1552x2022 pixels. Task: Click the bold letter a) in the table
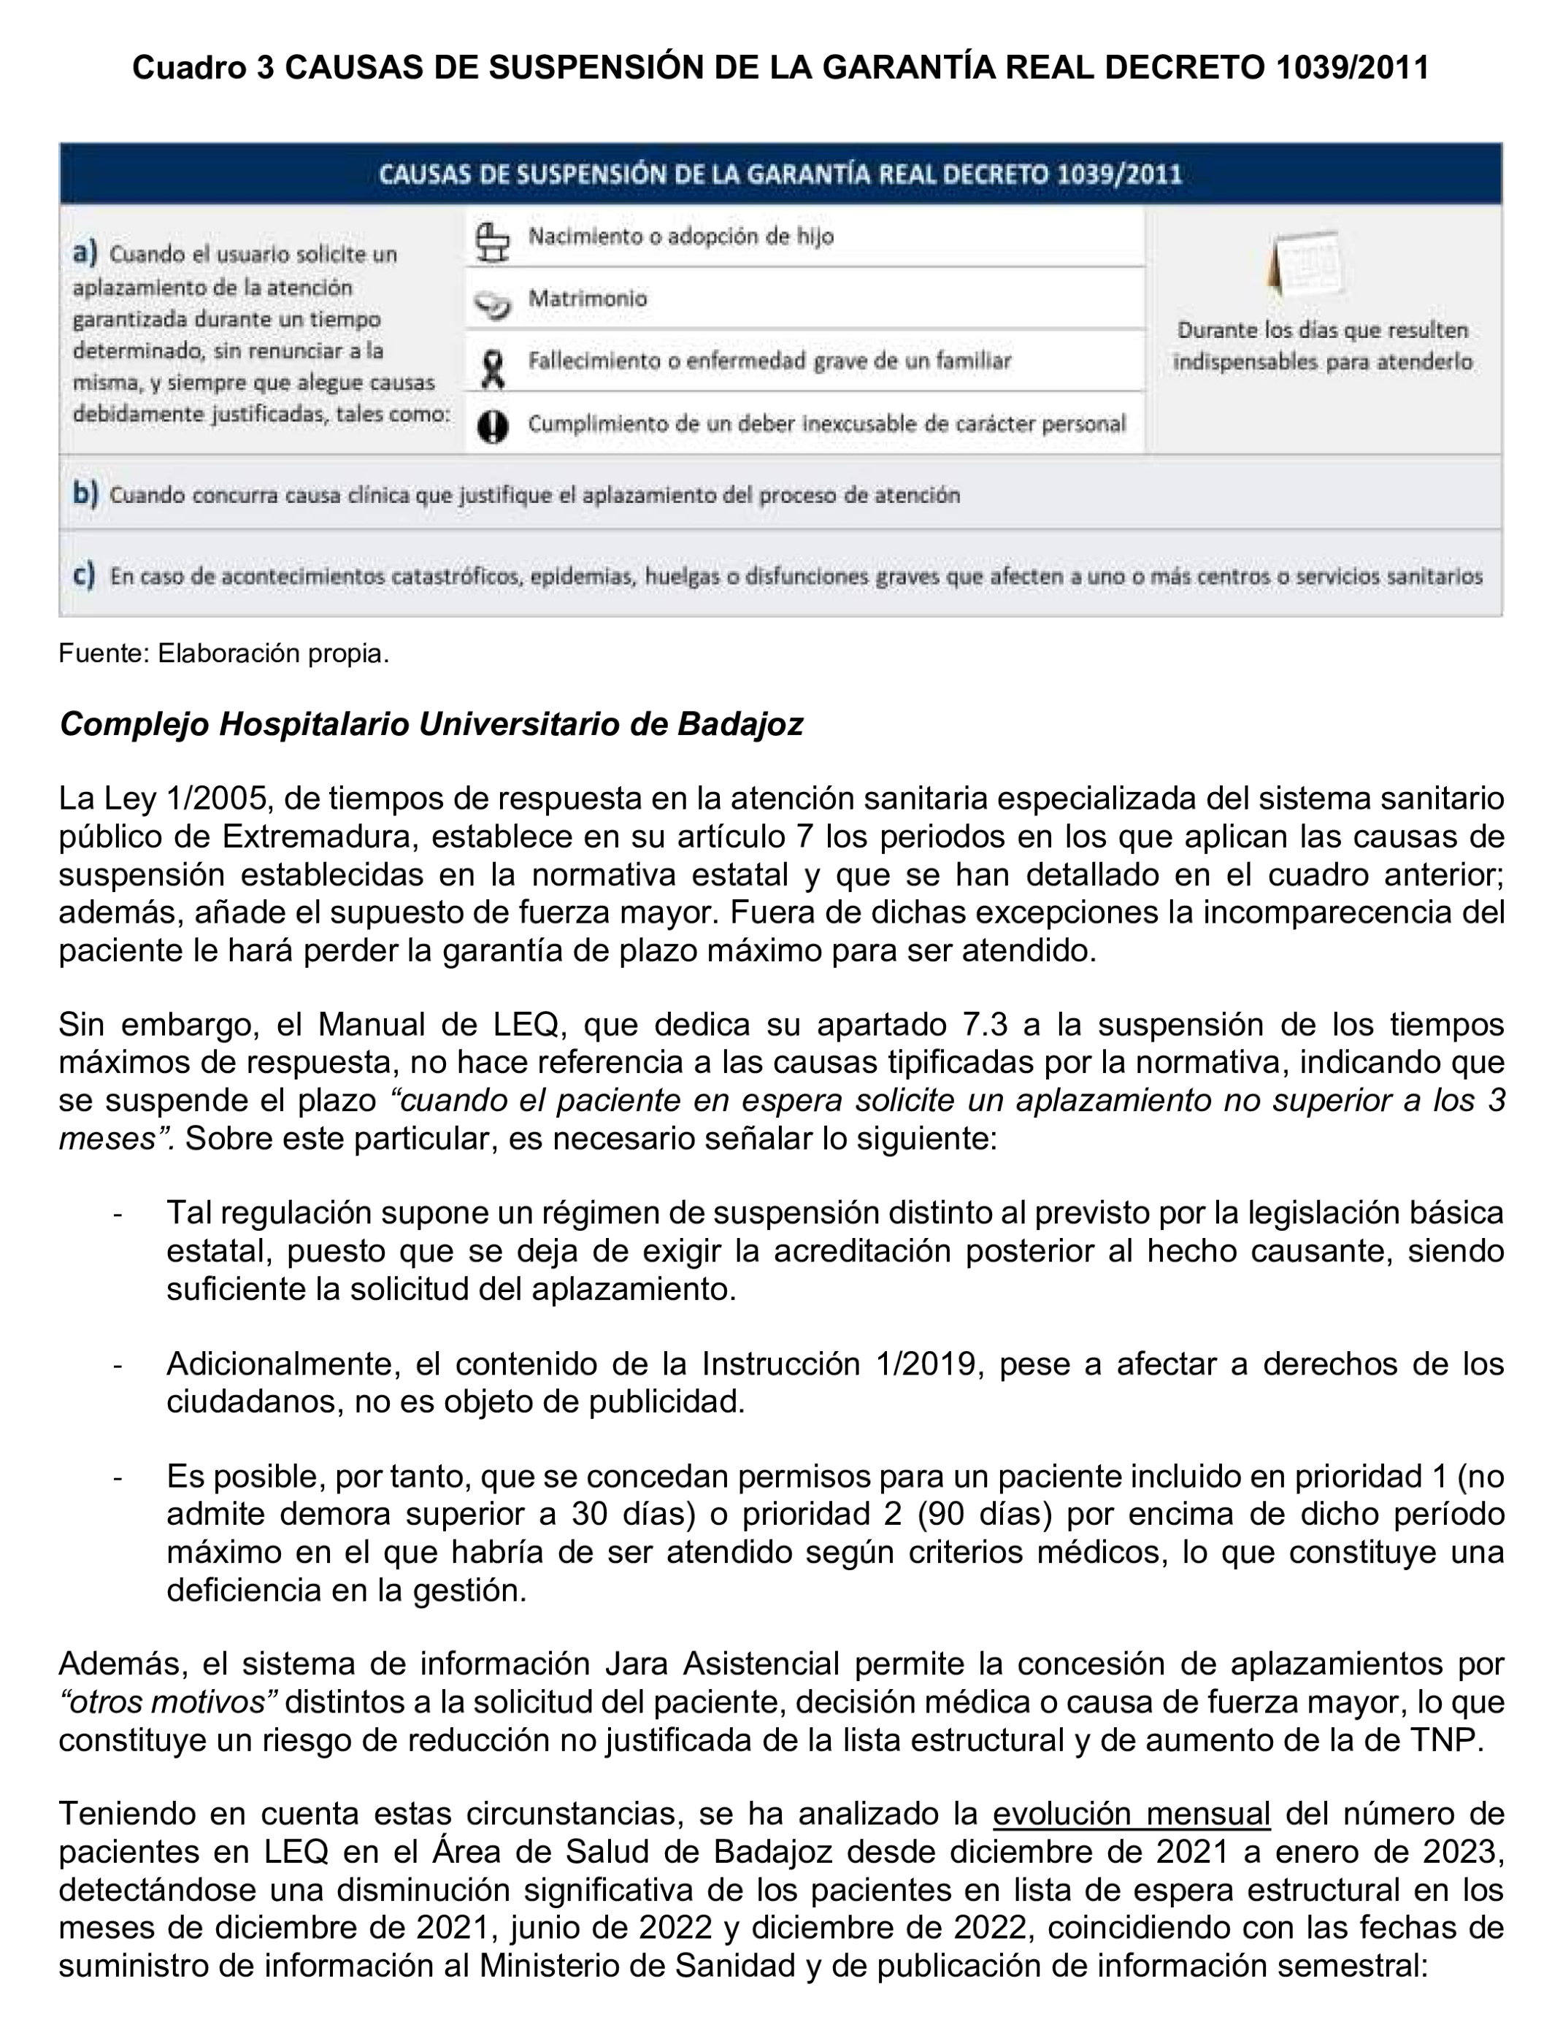coord(85,252)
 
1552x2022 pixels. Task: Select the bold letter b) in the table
coord(85,493)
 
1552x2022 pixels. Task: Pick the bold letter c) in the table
coord(84,574)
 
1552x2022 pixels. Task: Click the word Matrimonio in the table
coord(588,299)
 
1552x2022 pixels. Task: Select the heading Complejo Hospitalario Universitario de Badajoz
coord(431,724)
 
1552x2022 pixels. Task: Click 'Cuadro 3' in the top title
coord(203,67)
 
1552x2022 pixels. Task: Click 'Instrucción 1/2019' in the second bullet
coord(840,1364)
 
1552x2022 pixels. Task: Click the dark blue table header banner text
coord(780,174)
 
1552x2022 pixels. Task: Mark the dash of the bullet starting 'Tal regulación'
coord(118,1212)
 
